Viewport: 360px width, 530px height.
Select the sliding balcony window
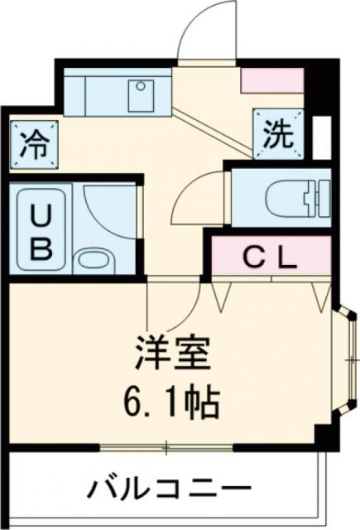click(x=166, y=449)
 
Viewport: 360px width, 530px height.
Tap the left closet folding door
click(x=221, y=294)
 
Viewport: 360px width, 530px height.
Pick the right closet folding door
click(x=320, y=294)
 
